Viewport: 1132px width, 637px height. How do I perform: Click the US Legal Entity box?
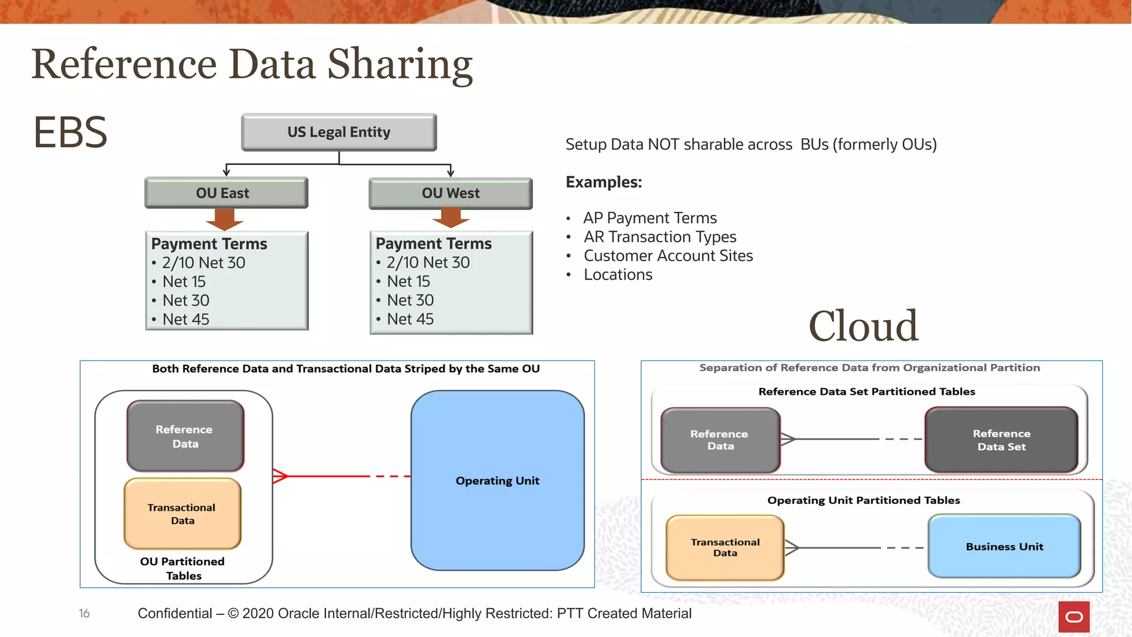pos(339,132)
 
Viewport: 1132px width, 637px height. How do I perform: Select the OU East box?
pos(226,193)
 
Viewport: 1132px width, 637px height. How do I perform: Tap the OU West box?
pos(450,194)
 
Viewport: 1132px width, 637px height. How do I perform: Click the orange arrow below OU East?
pos(224,220)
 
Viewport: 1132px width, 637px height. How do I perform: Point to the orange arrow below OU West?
pos(451,218)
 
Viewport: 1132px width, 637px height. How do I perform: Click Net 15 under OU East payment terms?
pos(184,282)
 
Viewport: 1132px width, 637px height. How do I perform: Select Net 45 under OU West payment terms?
pos(410,319)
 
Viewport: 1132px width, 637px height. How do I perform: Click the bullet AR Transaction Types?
pos(660,237)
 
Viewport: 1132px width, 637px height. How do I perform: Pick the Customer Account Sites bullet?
pos(668,256)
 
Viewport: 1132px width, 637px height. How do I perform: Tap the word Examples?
pos(604,182)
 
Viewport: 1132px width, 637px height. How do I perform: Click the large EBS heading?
pos(70,132)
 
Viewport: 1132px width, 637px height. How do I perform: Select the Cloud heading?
pos(863,326)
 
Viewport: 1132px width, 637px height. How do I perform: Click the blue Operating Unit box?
pos(497,481)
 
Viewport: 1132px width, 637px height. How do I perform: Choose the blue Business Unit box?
pos(1004,546)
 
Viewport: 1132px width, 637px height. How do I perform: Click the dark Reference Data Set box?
pos(1002,440)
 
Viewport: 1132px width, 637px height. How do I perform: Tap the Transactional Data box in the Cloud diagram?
pos(725,547)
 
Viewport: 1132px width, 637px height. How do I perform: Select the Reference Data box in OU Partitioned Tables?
pos(185,436)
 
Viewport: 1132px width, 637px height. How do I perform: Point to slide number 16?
pos(84,613)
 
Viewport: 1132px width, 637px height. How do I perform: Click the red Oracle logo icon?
pos(1074,617)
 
